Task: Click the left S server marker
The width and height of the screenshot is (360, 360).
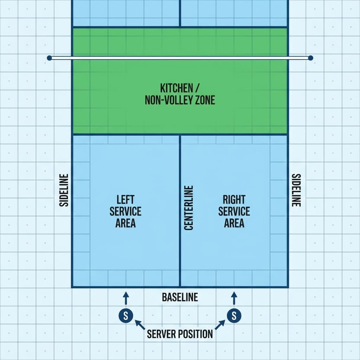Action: [126, 315]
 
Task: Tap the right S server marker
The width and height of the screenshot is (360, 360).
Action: [234, 315]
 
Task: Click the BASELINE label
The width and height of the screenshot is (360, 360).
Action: [180, 297]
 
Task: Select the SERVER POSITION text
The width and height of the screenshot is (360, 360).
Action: [180, 334]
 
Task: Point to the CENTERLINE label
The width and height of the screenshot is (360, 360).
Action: [189, 208]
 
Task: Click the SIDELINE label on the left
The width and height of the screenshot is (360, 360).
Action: [64, 190]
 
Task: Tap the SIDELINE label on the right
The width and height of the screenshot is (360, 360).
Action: [296, 190]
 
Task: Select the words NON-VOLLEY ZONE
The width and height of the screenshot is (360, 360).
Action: [180, 100]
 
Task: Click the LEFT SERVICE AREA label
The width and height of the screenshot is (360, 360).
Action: [126, 211]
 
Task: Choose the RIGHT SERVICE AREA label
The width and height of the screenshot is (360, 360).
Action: [234, 211]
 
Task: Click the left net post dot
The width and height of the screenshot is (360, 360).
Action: [49, 58]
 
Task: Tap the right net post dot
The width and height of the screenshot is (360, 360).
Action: [310, 58]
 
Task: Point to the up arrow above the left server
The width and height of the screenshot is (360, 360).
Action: [126, 298]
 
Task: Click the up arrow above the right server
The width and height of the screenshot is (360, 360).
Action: [234, 298]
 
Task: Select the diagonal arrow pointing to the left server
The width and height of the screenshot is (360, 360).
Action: [140, 324]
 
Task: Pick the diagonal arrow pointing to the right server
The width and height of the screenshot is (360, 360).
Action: [220, 324]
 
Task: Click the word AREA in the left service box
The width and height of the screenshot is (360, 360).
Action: [126, 223]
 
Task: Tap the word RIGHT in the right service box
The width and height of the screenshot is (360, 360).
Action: [234, 200]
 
